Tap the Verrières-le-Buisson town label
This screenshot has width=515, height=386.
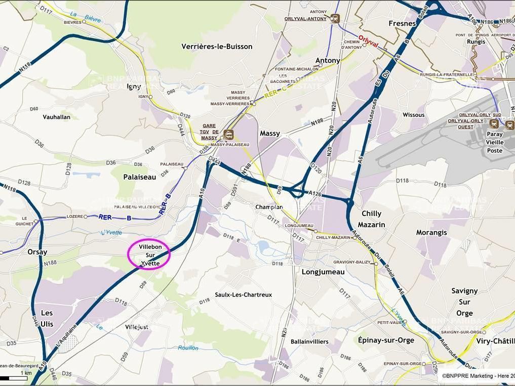click(217, 47)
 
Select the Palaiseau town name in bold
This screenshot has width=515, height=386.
click(136, 177)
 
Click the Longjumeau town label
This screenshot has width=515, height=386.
click(323, 272)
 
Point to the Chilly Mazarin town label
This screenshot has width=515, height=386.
click(371, 219)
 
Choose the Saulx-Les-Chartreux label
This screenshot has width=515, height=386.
click(243, 294)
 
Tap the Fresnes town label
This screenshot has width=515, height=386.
click(402, 23)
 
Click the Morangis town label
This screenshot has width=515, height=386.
click(431, 232)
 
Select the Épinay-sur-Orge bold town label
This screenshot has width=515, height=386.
click(386, 340)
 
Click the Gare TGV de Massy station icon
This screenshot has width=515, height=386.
click(228, 134)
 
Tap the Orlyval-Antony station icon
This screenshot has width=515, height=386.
click(334, 19)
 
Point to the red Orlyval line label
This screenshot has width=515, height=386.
click(368, 40)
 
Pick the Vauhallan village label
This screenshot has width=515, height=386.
click(57, 117)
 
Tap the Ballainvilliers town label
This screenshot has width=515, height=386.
click(309, 341)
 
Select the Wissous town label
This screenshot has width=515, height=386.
click(414, 115)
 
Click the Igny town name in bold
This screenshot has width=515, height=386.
click(134, 87)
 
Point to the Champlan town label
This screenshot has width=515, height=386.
click(269, 207)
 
